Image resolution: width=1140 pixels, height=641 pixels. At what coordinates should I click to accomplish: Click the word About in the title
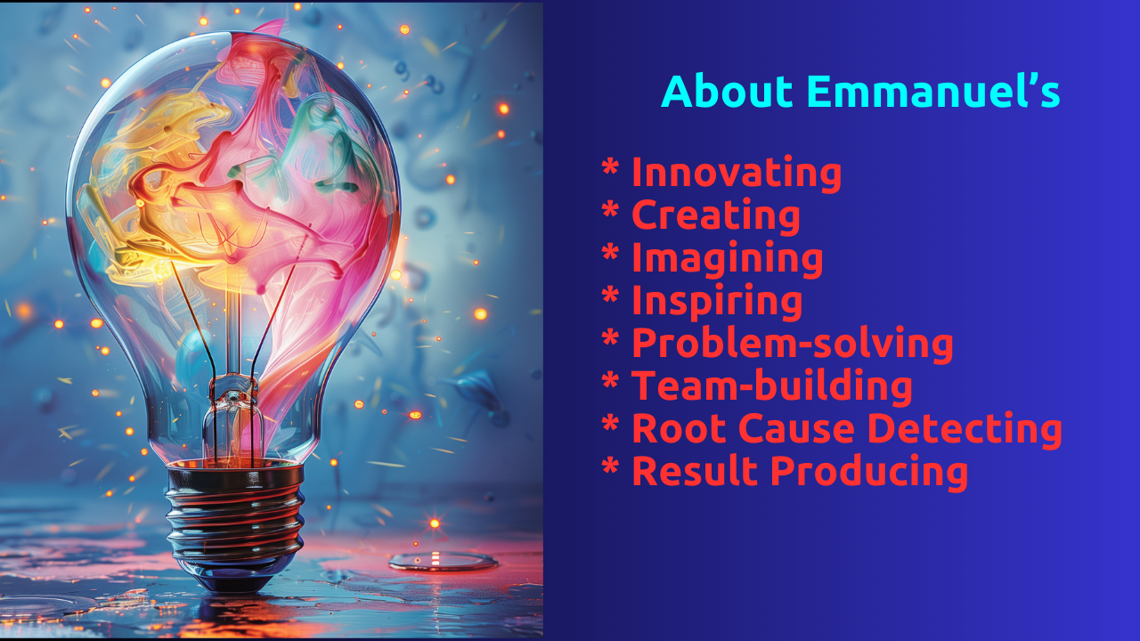click(x=728, y=91)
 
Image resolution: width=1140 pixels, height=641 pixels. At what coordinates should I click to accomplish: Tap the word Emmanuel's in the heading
click(x=933, y=91)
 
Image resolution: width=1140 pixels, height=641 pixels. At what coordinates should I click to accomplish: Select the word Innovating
click(x=737, y=174)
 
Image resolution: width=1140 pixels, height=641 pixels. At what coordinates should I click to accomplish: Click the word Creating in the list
click(x=715, y=216)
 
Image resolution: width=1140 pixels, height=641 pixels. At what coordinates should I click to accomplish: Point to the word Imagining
click(x=728, y=259)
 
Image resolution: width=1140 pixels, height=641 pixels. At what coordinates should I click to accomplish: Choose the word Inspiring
click(x=717, y=302)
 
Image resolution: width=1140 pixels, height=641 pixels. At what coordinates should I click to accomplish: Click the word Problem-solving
click(x=793, y=345)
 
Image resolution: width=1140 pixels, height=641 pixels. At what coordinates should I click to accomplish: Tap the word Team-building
click(x=772, y=386)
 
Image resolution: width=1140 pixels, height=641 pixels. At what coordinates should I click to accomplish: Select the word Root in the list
click(x=679, y=429)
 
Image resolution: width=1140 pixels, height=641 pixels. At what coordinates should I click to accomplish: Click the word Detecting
click(x=965, y=430)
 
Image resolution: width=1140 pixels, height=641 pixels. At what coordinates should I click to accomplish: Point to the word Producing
click(x=869, y=473)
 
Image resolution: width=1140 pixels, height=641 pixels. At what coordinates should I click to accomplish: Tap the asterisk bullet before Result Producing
click(x=610, y=466)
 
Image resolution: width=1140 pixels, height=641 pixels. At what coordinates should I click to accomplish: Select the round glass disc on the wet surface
click(x=444, y=562)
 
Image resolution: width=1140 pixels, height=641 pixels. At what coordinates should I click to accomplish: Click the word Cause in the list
click(x=796, y=429)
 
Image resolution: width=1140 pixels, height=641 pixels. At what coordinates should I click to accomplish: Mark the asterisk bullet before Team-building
click(x=610, y=380)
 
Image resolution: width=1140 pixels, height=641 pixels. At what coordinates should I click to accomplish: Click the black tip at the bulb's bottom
click(x=235, y=581)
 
